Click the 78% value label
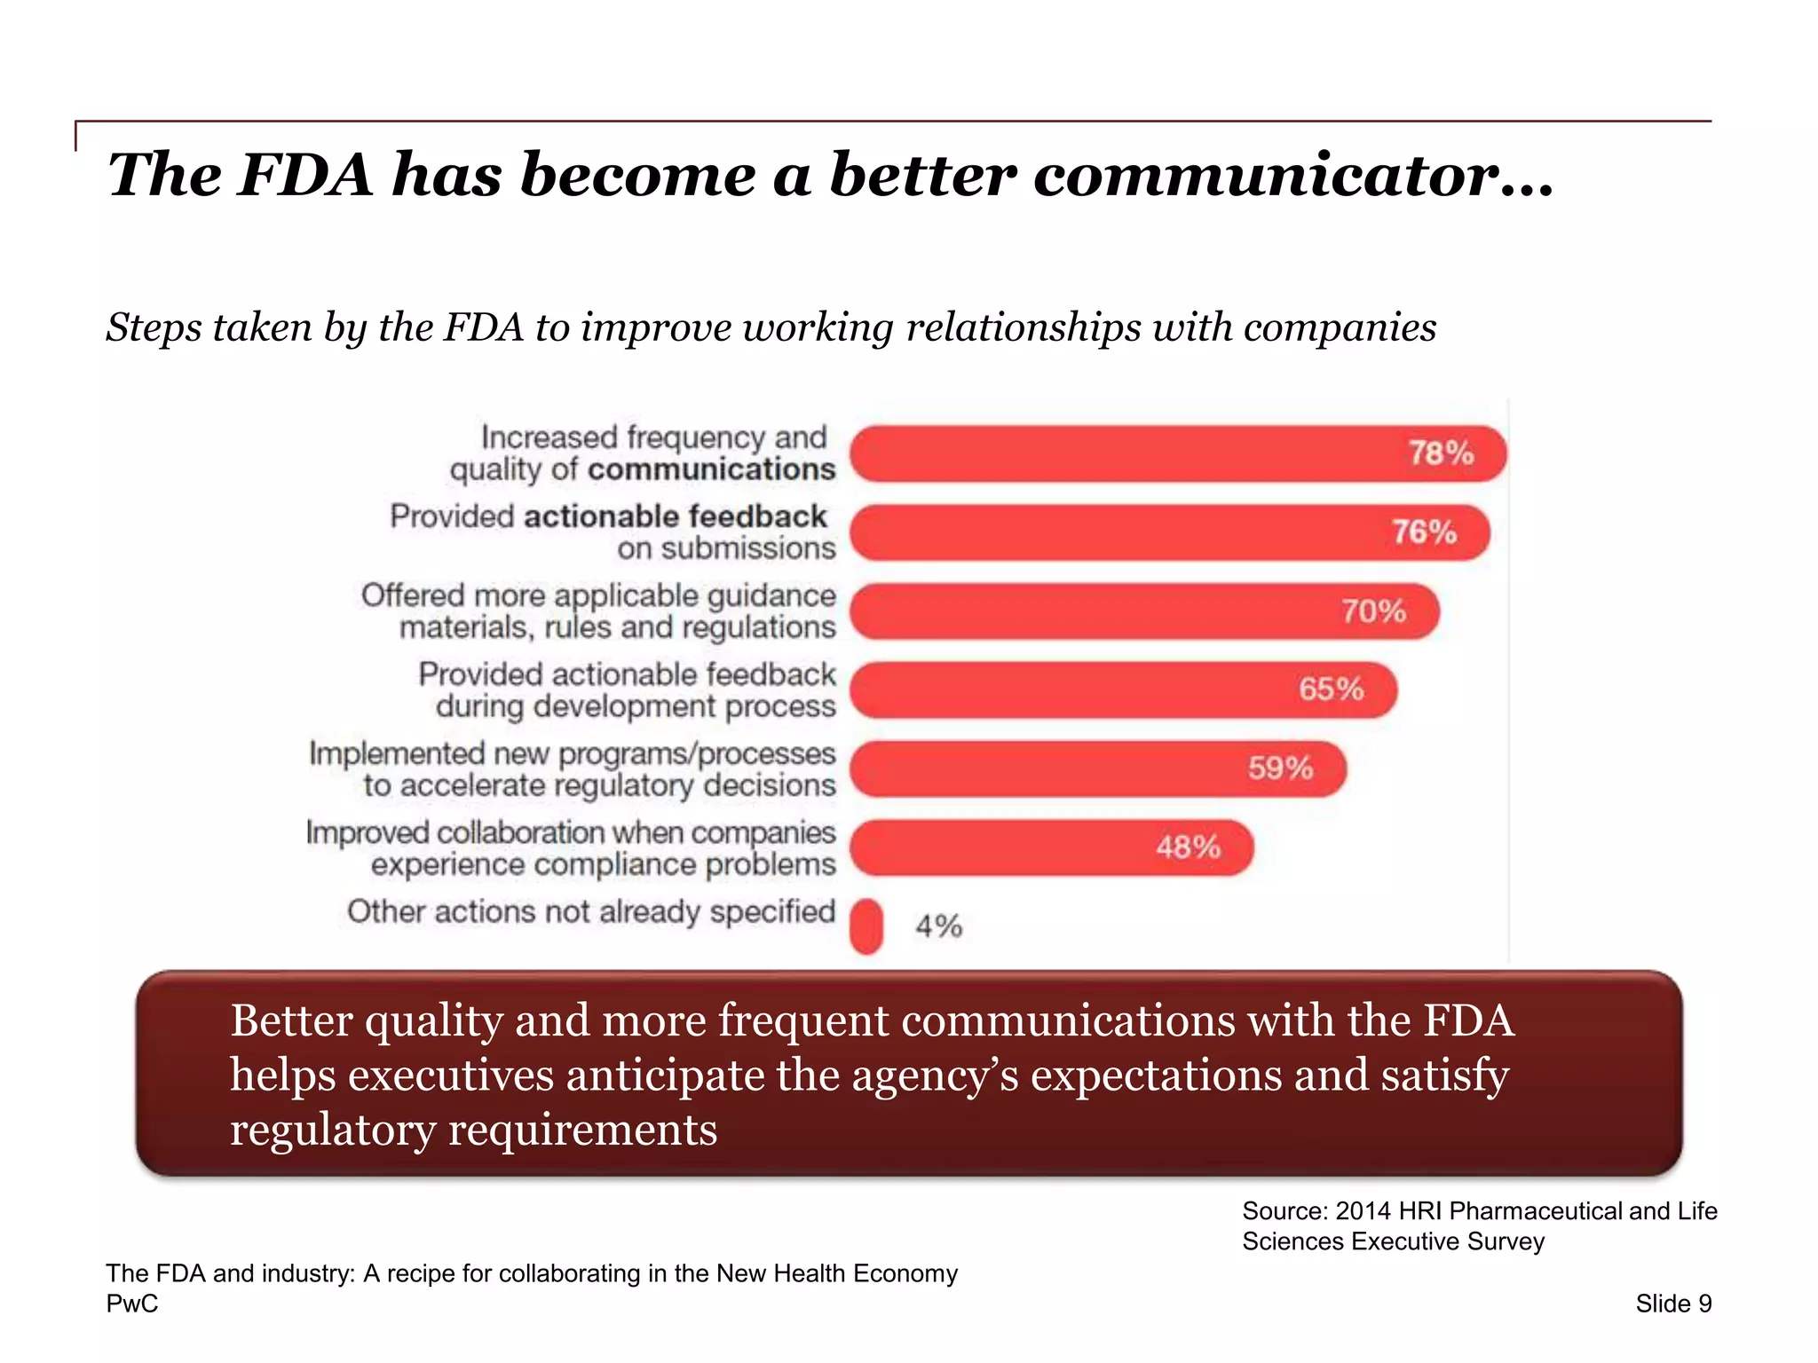pyautogui.click(x=1441, y=453)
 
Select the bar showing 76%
pyautogui.click(x=1169, y=532)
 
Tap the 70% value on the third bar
pyautogui.click(x=1373, y=611)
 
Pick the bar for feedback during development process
pyautogui.click(x=1123, y=689)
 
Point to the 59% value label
pyautogui.click(x=1280, y=768)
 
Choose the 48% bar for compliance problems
pyautogui.click(x=1051, y=847)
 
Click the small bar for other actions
pyautogui.click(x=866, y=926)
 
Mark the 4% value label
pyautogui.click(x=938, y=926)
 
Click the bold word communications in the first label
pyautogui.click(x=711, y=469)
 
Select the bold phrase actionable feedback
pyautogui.click(x=676, y=516)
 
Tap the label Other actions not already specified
pyautogui.click(x=591, y=911)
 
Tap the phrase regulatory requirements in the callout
pyautogui.click(x=473, y=1131)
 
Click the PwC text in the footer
pyautogui.click(x=132, y=1304)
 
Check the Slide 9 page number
pyautogui.click(x=1673, y=1304)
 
